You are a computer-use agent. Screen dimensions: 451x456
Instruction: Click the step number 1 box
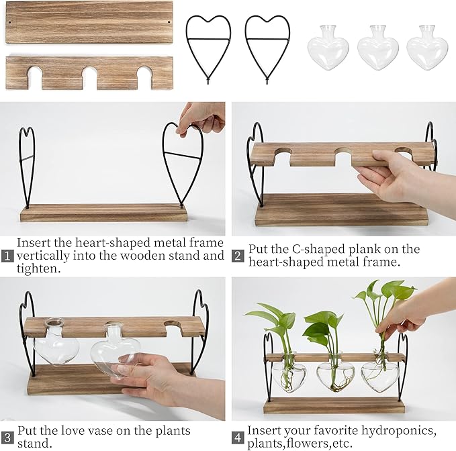click(8, 256)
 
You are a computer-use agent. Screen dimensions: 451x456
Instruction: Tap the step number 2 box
click(238, 256)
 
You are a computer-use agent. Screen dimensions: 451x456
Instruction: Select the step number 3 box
click(8, 438)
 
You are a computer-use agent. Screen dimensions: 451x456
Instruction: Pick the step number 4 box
click(238, 438)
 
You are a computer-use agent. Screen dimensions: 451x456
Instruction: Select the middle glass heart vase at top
click(378, 48)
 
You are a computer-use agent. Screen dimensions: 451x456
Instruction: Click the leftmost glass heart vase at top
click(328, 48)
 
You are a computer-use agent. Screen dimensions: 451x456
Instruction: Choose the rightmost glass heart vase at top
click(427, 48)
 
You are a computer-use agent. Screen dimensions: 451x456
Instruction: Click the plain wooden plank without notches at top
click(89, 22)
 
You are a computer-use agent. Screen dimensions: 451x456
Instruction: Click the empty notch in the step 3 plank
click(177, 327)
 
